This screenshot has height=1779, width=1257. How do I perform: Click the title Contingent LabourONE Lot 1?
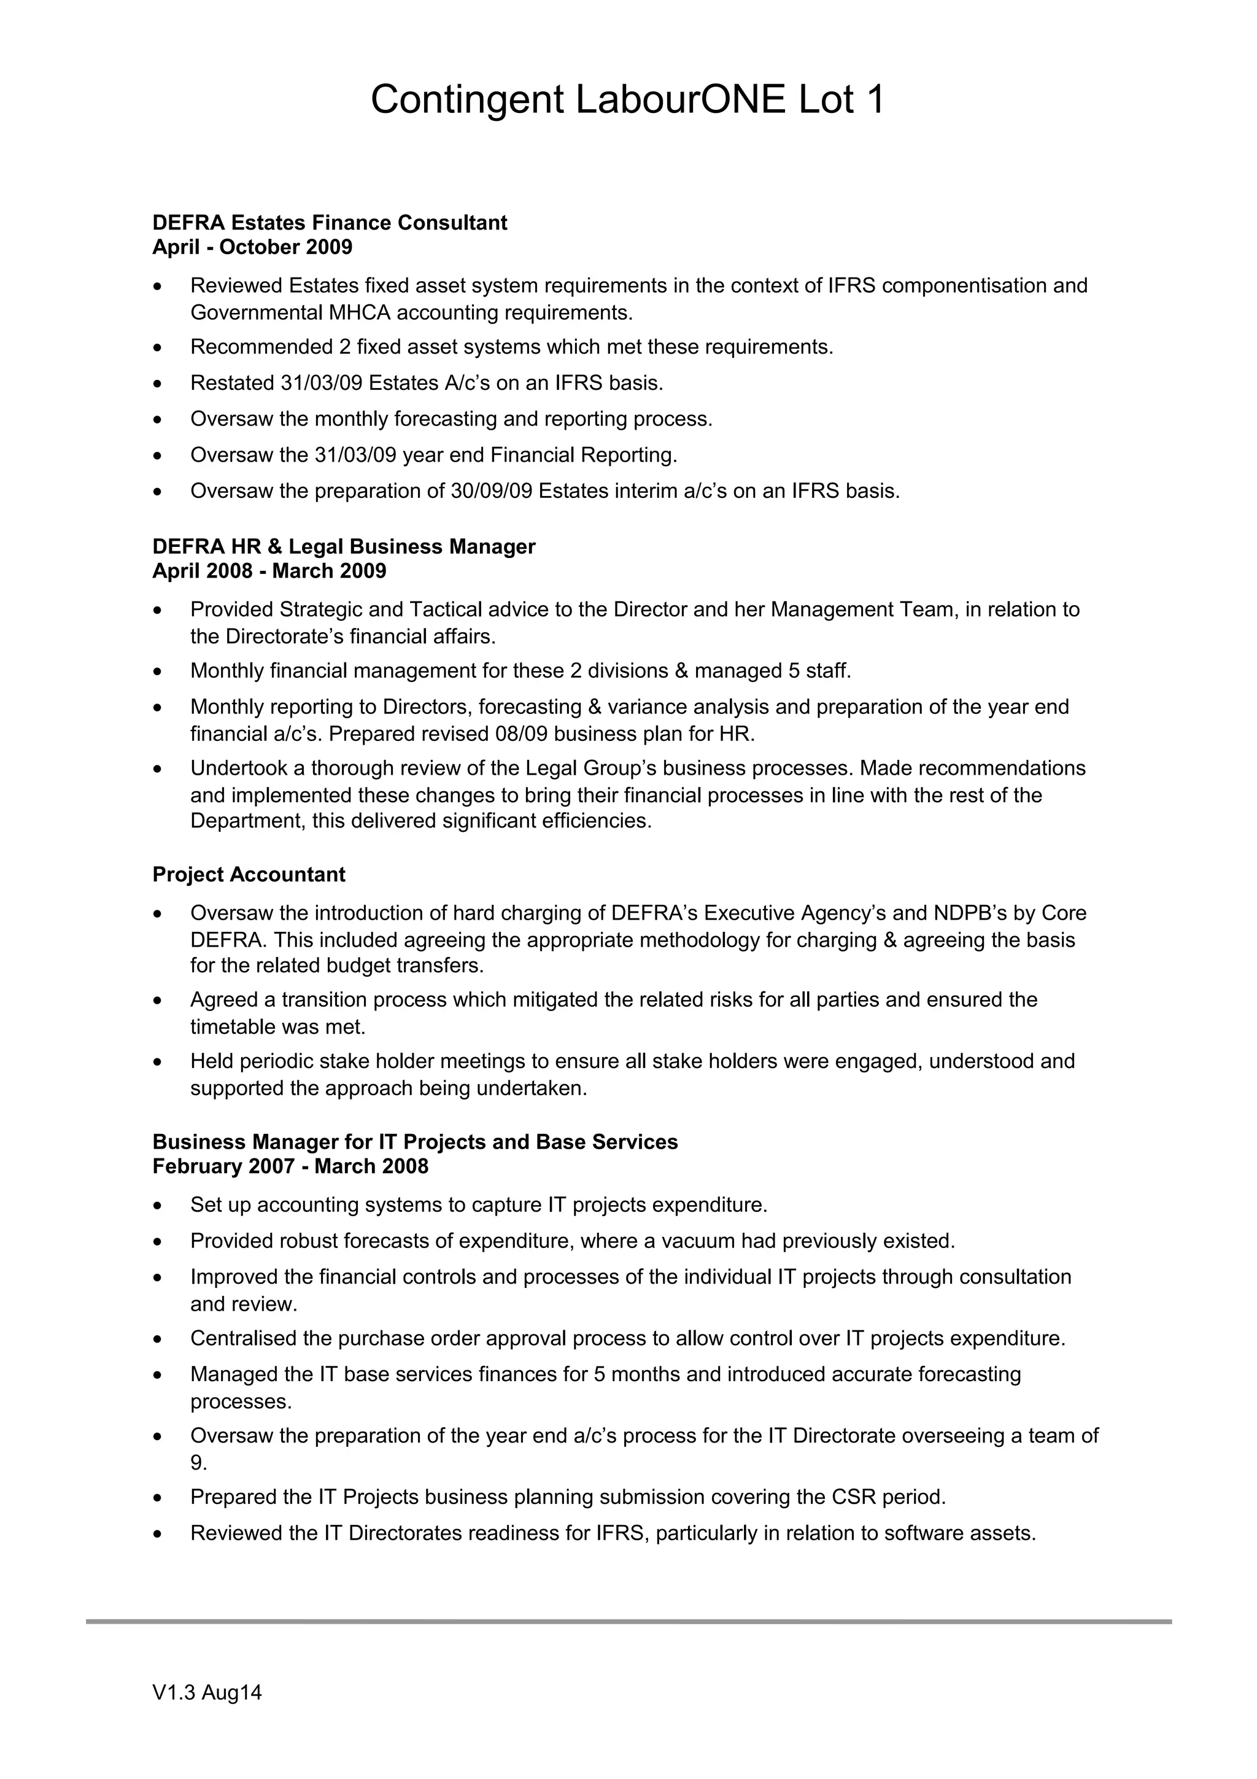(627, 101)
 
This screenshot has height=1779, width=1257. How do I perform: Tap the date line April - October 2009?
(252, 247)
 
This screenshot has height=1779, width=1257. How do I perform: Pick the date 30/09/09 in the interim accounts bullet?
(491, 491)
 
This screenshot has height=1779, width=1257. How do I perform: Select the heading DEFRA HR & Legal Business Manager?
(343, 547)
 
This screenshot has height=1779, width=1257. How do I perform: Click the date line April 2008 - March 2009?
(269, 571)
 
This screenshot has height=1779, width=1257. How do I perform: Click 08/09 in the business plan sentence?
(521, 734)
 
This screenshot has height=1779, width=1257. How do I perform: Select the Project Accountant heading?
(249, 875)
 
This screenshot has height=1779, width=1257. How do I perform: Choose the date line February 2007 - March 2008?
(290, 1167)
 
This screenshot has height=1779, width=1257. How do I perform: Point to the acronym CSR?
(854, 1497)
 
